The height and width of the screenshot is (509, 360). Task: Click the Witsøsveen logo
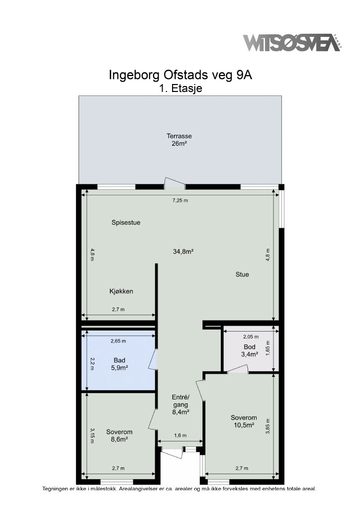pyautogui.click(x=292, y=42)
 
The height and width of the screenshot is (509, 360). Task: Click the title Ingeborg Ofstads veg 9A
pyautogui.click(x=180, y=75)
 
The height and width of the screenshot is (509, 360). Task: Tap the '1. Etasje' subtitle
pyautogui.click(x=180, y=88)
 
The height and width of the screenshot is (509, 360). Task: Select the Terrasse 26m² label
pyautogui.click(x=179, y=140)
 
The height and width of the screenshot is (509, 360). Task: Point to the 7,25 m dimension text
pyautogui.click(x=180, y=200)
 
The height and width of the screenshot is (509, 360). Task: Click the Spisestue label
pyautogui.click(x=126, y=223)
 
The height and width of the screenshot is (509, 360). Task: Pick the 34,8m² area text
pyautogui.click(x=183, y=251)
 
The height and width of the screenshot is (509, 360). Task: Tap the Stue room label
pyautogui.click(x=242, y=274)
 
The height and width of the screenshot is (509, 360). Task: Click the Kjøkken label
pyautogui.click(x=121, y=291)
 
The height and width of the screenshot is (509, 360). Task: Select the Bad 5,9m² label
pyautogui.click(x=119, y=364)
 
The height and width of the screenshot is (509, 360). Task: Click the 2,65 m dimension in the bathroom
pyautogui.click(x=118, y=341)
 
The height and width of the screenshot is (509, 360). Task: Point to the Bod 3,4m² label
pyautogui.click(x=250, y=350)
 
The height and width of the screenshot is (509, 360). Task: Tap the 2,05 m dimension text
pyautogui.click(x=251, y=337)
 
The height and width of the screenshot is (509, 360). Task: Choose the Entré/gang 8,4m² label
pyautogui.click(x=180, y=405)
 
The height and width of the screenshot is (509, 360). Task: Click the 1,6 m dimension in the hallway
pyautogui.click(x=180, y=435)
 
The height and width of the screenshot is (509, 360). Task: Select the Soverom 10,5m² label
pyautogui.click(x=244, y=422)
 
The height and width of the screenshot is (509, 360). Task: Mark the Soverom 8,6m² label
pyautogui.click(x=119, y=435)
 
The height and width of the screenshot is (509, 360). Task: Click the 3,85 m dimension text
pyautogui.click(x=268, y=426)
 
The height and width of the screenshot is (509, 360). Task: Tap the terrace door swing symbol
pyautogui.click(x=175, y=183)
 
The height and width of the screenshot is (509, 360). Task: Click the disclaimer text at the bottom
pyautogui.click(x=179, y=489)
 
